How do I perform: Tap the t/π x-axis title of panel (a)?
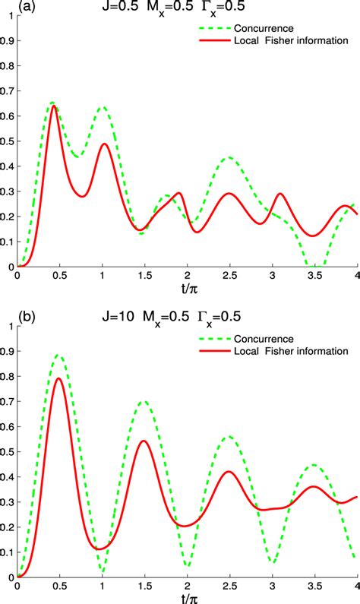click(187, 288)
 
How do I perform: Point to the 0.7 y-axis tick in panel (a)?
click(8, 91)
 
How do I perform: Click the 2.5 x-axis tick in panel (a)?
click(229, 276)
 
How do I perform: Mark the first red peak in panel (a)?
click(55, 106)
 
